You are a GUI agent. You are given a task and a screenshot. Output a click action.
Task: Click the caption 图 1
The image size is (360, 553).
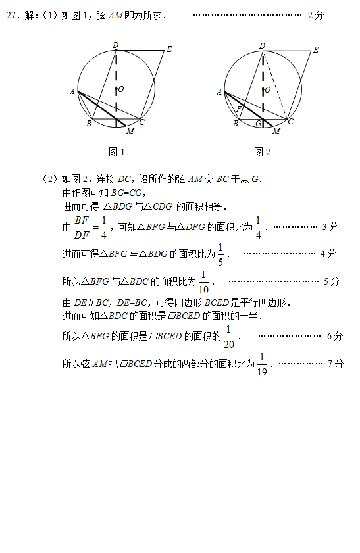116,152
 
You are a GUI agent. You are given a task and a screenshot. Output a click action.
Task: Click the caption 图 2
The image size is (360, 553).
262,152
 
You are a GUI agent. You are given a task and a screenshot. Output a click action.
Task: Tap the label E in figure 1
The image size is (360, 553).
169,49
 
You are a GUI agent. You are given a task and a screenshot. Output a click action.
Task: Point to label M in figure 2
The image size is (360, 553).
276,132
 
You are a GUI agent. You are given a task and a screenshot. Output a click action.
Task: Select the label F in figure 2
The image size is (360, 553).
239,108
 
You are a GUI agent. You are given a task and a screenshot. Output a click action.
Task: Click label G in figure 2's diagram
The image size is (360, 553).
259,124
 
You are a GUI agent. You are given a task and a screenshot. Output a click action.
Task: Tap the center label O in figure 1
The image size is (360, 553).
120,89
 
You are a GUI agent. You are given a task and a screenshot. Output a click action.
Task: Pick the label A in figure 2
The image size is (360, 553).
219,92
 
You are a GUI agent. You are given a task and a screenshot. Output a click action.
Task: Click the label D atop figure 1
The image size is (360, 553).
115,45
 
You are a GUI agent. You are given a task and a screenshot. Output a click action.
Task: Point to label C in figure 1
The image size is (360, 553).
142,122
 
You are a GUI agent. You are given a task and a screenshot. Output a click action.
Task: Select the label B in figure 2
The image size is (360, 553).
236,124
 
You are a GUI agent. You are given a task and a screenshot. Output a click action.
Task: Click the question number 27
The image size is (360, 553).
12,15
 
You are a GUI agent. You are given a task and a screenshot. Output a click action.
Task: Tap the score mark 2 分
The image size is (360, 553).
316,15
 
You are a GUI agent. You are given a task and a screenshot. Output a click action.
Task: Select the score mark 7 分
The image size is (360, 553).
335,364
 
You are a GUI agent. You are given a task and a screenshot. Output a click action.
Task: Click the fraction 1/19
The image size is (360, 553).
262,364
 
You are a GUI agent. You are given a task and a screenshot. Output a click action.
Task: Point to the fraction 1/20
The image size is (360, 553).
229,337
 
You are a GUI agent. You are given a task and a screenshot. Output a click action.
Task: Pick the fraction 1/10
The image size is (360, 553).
203,282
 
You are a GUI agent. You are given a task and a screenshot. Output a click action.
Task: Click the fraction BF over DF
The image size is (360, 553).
82,228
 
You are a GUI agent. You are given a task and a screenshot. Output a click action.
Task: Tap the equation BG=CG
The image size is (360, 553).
126,193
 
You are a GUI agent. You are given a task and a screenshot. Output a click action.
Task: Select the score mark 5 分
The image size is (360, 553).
332,281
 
